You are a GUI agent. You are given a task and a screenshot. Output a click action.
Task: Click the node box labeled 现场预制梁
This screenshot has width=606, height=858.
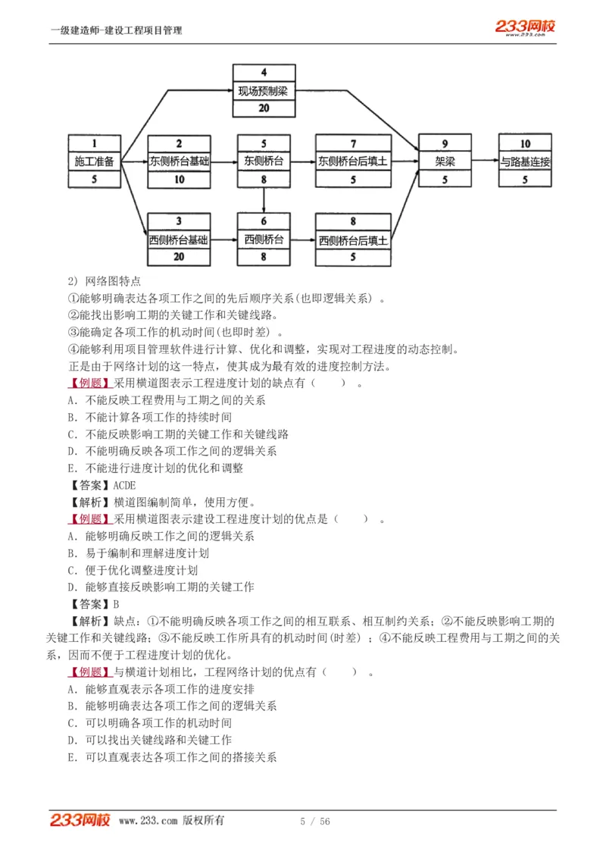[263, 92]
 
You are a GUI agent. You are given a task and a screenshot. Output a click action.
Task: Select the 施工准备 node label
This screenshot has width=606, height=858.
[95, 161]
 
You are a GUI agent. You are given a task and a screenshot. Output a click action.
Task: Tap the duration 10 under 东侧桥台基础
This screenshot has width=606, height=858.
[179, 180]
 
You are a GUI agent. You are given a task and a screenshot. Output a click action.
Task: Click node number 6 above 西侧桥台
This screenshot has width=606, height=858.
[264, 221]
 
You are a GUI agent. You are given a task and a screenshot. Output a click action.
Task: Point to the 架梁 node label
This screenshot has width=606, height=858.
[445, 161]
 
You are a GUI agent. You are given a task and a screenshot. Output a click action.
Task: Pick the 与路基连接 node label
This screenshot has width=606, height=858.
[525, 161]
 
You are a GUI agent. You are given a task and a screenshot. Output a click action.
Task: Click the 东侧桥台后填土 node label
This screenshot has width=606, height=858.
[353, 161]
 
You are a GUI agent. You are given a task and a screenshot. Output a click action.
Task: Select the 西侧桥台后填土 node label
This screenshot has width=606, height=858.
[353, 240]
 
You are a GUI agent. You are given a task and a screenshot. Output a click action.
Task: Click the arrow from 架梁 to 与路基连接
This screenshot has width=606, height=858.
[485, 161]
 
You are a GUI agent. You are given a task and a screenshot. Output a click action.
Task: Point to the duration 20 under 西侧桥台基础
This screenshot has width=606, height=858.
[179, 258]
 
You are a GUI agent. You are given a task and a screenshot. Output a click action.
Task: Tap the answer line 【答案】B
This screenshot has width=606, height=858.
[95, 604]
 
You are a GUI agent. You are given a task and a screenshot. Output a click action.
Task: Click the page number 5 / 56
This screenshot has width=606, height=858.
[315, 822]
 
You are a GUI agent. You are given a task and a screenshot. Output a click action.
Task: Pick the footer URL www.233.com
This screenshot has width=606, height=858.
[148, 821]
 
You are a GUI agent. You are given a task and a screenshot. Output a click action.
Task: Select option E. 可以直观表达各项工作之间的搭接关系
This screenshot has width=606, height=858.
[172, 756]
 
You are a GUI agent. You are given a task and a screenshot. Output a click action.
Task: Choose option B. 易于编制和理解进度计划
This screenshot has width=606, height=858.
[149, 553]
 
